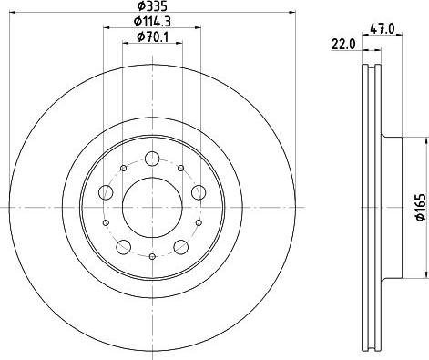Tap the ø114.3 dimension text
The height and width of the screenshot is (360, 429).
pos(152,22)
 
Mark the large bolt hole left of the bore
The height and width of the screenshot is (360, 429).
pos(106,191)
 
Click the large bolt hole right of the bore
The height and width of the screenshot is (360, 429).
pos(198,191)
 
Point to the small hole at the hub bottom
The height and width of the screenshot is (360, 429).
pos(151,255)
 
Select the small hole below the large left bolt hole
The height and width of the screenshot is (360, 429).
pos(107,221)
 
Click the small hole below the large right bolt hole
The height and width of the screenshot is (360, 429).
pos(197,221)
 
